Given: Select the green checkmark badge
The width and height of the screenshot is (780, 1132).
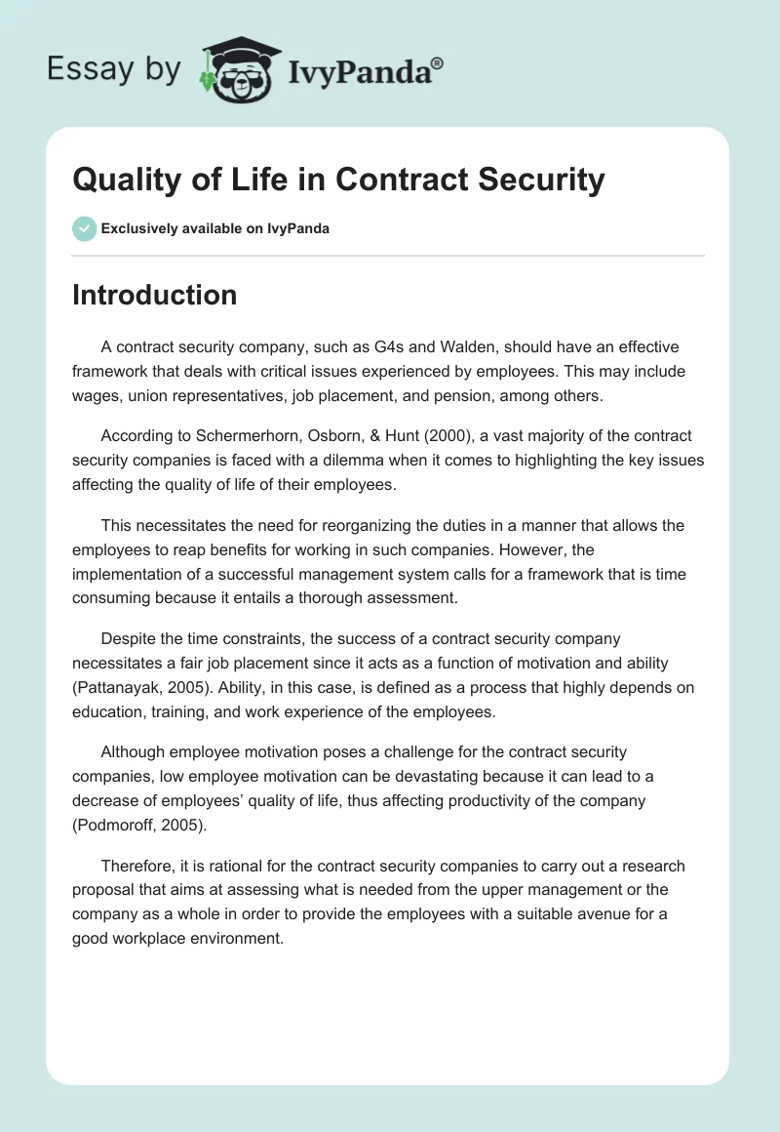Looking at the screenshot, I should (84, 228).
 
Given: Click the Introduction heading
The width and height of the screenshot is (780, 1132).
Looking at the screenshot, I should (154, 295).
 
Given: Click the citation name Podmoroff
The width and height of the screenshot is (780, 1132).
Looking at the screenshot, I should (120, 826).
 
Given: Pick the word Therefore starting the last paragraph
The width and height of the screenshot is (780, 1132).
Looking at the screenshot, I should (138, 867).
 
